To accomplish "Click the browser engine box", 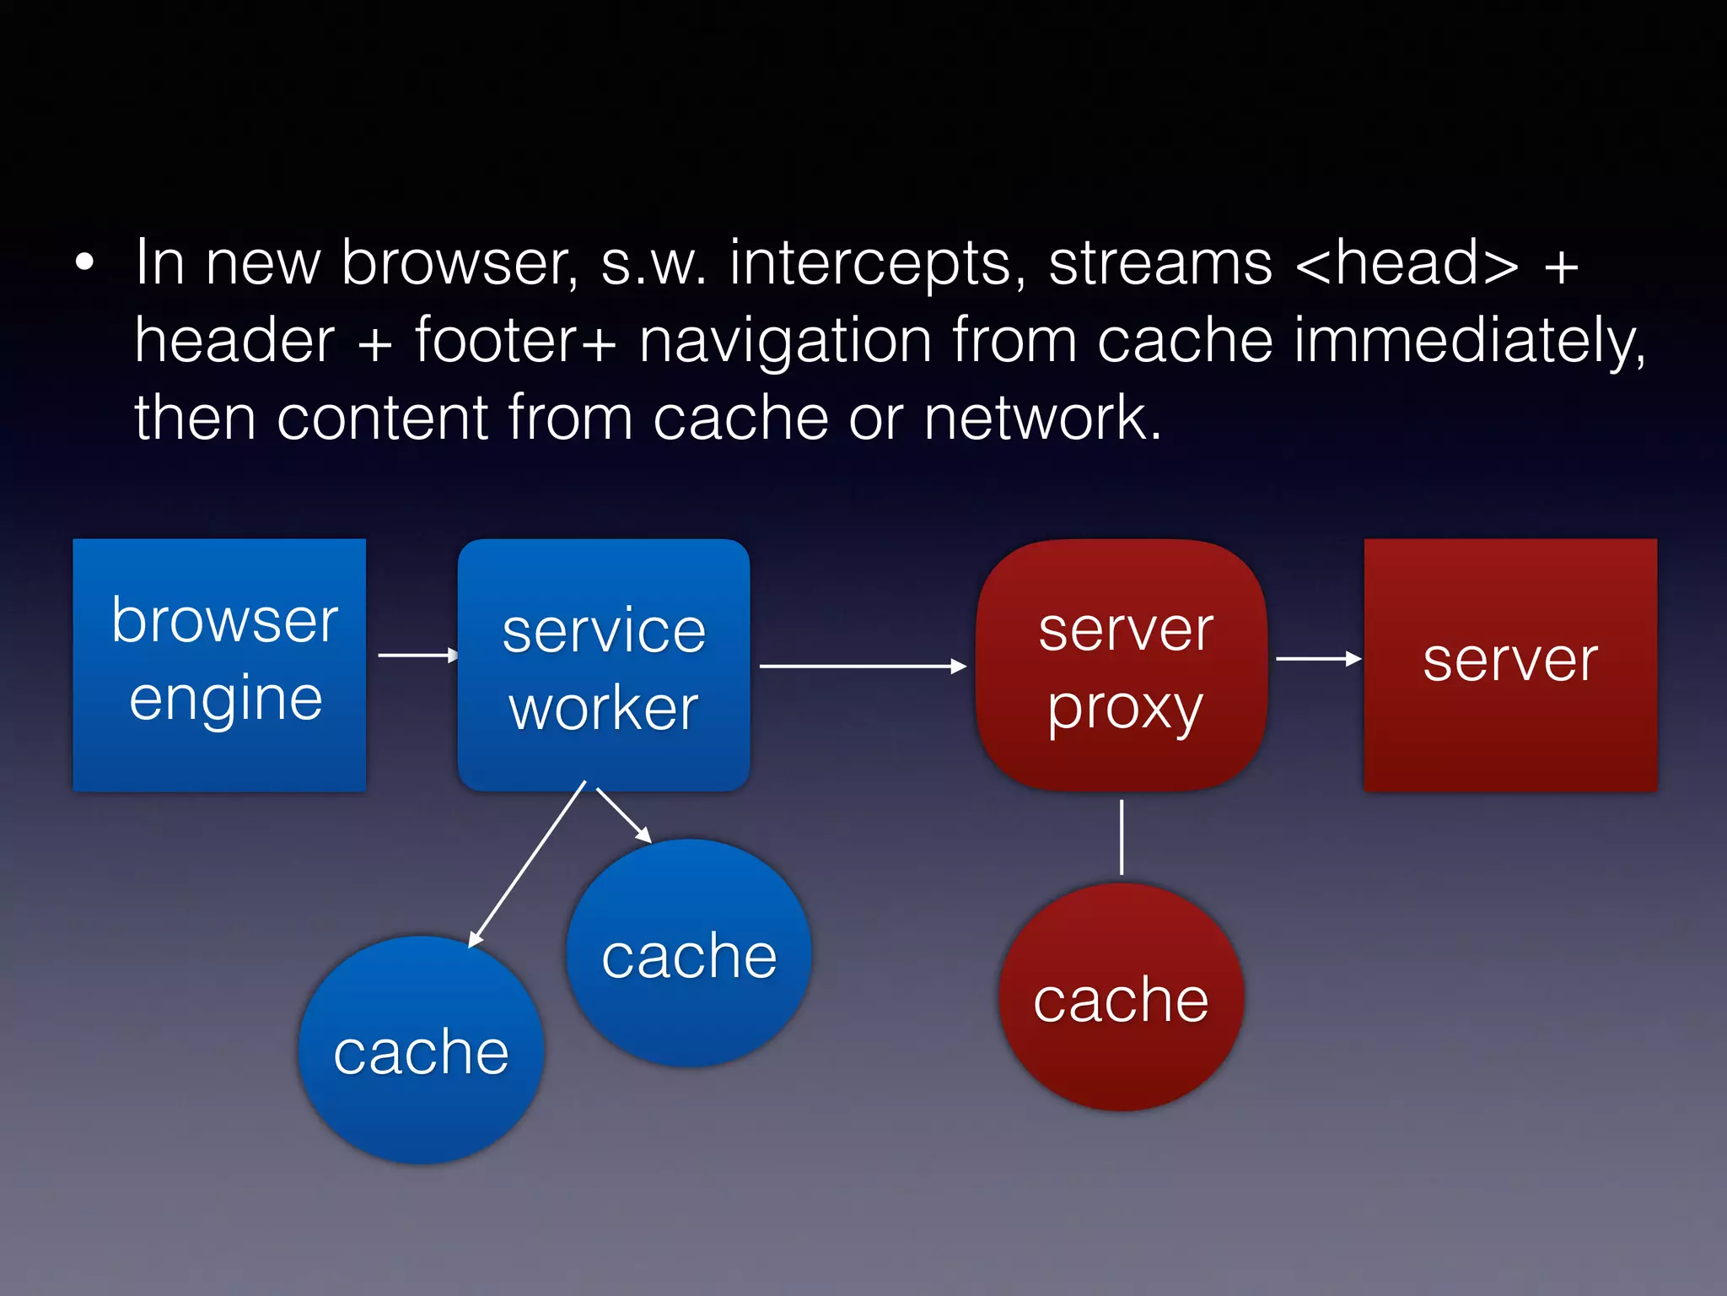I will coord(219,665).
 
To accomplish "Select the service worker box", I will coord(604,665).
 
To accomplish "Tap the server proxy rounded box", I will coord(1122,665).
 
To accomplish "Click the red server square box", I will coord(1510,665).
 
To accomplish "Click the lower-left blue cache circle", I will coord(421,1050).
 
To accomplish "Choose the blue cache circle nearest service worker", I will coord(689,953).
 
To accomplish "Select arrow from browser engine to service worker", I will coord(417,655).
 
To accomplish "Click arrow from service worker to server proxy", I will coord(860,666).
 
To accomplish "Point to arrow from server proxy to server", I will coord(1317,658).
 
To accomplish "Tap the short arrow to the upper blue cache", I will coord(623,814).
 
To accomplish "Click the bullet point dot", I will coord(84,262).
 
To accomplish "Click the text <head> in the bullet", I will coord(1407,263).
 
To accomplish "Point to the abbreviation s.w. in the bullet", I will coord(654,265).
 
